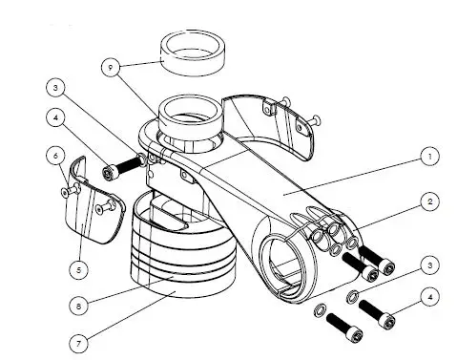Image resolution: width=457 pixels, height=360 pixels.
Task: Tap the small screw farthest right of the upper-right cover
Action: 317,121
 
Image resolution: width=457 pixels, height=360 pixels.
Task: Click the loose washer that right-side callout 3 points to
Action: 354,294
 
